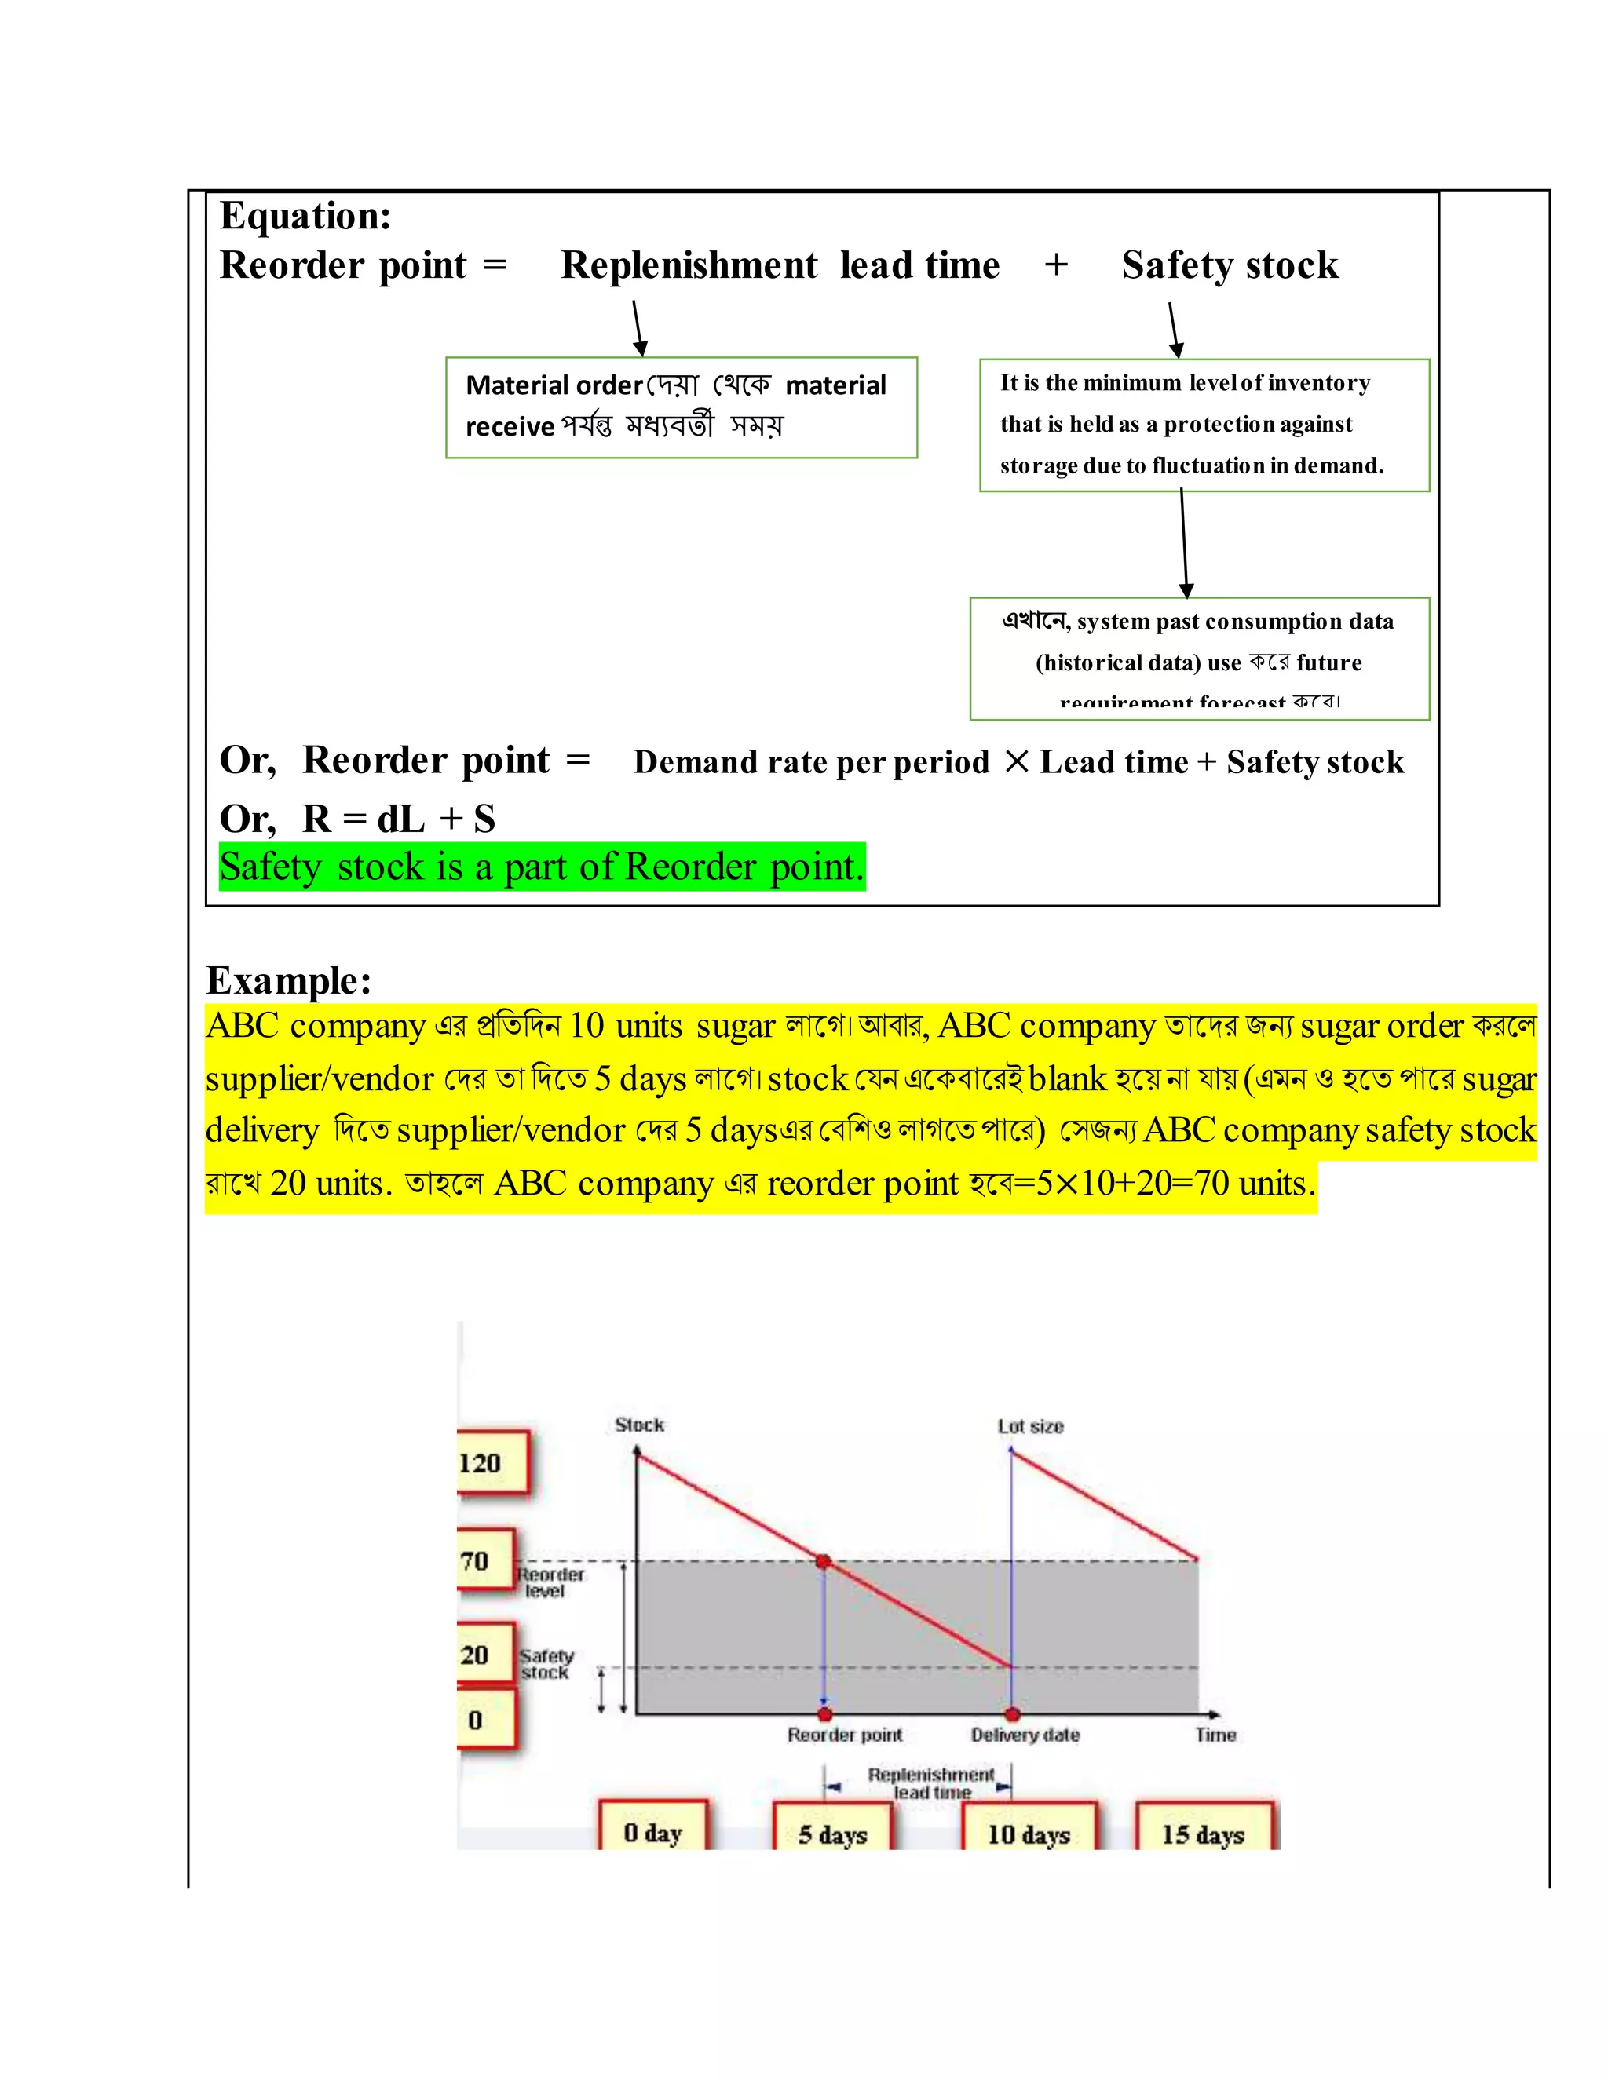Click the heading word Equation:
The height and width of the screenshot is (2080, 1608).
pos(305,216)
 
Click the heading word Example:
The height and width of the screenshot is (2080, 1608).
pos(289,980)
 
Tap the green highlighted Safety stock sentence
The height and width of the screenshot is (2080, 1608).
pos(541,867)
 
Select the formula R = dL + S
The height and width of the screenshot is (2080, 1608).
pos(398,819)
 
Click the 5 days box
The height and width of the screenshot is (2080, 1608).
pos(832,1834)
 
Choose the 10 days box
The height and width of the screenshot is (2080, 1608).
pos(1029,1834)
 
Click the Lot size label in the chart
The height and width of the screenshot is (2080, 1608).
pos(1031,1425)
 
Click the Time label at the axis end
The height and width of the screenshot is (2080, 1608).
pos(1215,1735)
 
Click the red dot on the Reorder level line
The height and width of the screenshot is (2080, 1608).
pos(824,1561)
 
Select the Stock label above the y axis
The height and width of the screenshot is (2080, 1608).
pos(639,1425)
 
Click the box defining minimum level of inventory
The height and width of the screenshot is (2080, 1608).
pos(1204,425)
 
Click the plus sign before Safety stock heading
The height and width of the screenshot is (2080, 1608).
pos(1055,265)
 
